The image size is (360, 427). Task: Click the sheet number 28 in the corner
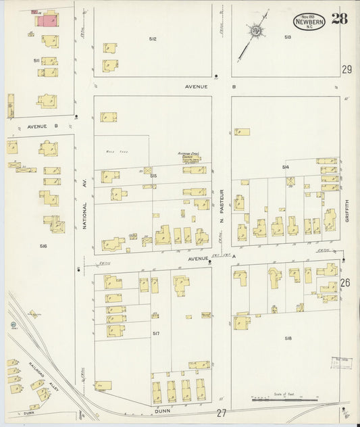click(x=340, y=18)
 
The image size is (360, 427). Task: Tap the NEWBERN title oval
click(x=309, y=22)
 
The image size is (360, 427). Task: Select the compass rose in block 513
click(x=256, y=30)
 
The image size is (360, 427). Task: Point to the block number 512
click(x=153, y=39)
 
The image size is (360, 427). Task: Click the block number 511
click(x=36, y=60)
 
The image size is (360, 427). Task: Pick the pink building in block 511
click(x=46, y=21)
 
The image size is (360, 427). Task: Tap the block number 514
click(x=286, y=166)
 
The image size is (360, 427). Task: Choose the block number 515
click(x=153, y=176)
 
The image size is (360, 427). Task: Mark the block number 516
click(x=43, y=246)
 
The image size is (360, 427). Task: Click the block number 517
click(x=156, y=333)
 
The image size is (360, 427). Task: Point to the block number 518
click(x=288, y=338)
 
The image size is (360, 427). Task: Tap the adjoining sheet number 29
click(x=346, y=70)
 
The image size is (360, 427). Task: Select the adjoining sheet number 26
click(x=346, y=283)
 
